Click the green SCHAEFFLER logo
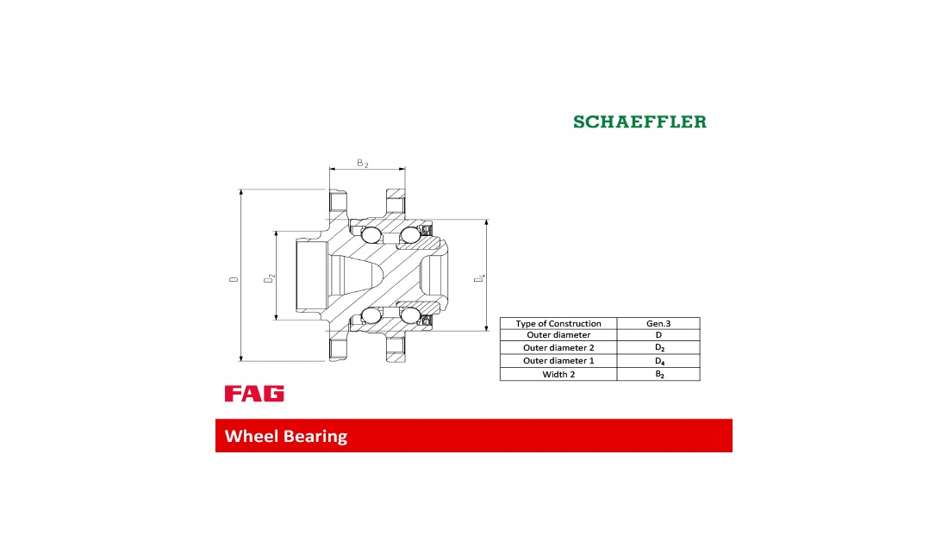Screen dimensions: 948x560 point(639,121)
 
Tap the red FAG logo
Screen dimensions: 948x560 point(254,393)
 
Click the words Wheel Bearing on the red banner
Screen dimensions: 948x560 point(286,436)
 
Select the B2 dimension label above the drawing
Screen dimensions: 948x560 point(362,163)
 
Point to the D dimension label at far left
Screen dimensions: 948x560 point(234,279)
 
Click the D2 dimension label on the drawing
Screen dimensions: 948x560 point(269,278)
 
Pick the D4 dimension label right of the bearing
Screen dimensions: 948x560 point(480,278)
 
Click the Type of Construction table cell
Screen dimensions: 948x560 point(558,323)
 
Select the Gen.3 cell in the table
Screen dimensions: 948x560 point(658,323)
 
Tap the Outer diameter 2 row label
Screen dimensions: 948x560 point(558,347)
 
